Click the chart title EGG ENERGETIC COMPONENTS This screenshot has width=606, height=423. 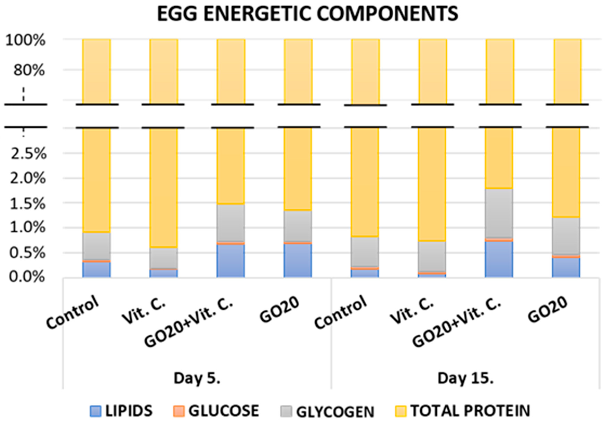307,14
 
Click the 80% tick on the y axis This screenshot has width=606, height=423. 29,70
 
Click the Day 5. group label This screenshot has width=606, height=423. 197,378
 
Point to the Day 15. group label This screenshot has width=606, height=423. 466,378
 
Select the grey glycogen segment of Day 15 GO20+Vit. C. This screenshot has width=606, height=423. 499,213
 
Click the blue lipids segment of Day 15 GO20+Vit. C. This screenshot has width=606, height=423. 499,259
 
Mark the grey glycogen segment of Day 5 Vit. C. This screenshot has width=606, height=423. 164,258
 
